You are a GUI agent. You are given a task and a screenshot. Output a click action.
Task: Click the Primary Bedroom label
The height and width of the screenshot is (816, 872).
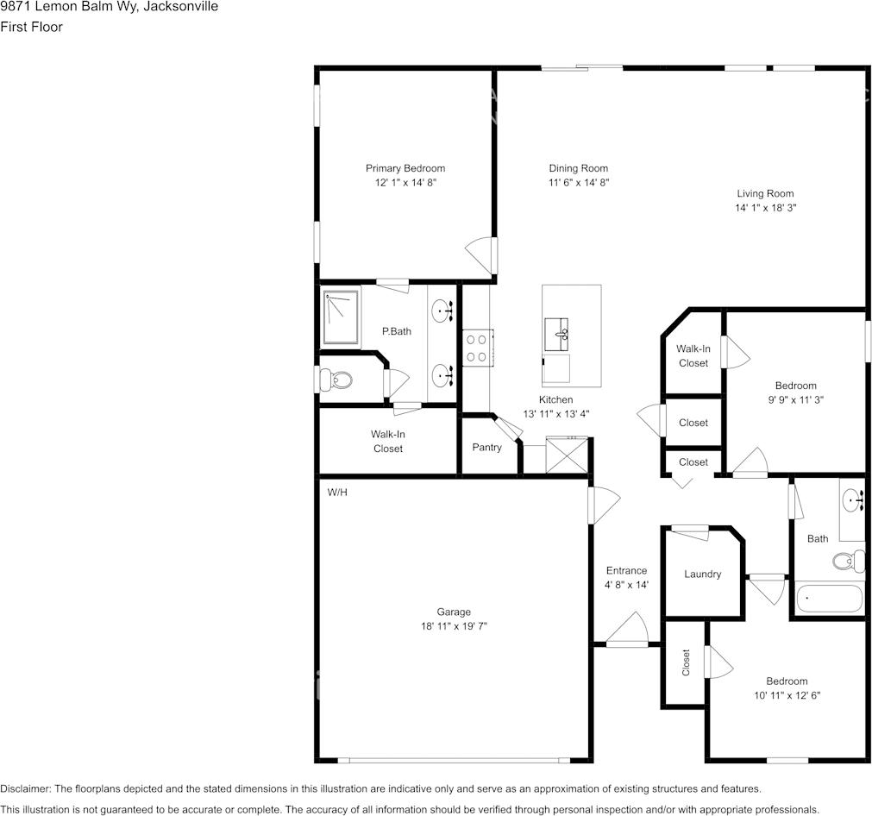[x=405, y=168]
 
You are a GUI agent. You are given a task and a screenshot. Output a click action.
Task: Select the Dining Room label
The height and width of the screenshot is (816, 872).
[x=578, y=168]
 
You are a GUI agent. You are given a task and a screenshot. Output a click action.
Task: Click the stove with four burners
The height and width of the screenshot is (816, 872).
[x=476, y=348]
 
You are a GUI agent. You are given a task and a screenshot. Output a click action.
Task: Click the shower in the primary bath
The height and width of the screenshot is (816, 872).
[x=340, y=317]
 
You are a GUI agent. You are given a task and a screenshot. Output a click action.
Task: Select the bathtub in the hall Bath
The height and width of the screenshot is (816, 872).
[x=828, y=599]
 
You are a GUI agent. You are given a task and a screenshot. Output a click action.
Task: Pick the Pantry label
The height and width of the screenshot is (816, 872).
[x=486, y=447]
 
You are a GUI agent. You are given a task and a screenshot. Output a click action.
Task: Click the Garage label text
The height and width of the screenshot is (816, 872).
[x=454, y=612]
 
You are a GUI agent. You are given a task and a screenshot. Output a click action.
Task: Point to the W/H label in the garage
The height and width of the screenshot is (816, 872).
[x=336, y=493]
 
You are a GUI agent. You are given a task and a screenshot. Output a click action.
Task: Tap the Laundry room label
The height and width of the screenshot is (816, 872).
[x=702, y=574]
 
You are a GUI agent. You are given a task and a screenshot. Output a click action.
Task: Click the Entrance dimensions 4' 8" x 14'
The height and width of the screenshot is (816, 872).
[x=626, y=585]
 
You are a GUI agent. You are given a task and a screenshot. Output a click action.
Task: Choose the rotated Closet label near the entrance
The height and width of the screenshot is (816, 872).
[x=687, y=662]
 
